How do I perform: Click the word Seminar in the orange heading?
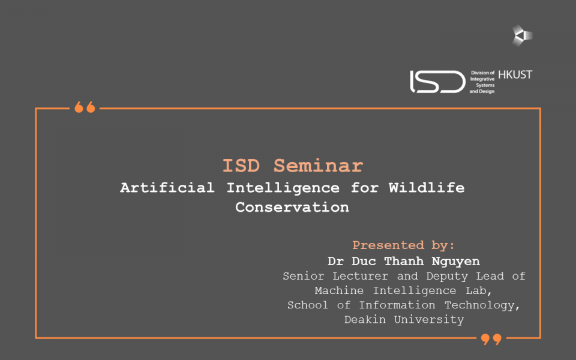[318, 166]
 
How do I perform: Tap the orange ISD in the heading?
[241, 166]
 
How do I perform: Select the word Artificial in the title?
[167, 188]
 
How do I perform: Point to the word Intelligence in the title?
[283, 188]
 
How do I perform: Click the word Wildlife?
[427, 188]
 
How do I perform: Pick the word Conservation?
[292, 207]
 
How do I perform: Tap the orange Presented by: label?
[403, 245]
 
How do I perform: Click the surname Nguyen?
[455, 262]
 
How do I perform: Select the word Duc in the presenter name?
[364, 261]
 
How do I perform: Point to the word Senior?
[304, 276]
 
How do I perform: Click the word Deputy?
[447, 276]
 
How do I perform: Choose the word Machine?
[339, 290]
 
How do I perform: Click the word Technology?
[482, 305]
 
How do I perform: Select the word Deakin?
[365, 320]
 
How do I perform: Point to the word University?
[429, 320]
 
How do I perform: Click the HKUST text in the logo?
[515, 75]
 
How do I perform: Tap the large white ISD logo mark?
[437, 82]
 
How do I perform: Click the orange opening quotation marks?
[85, 107]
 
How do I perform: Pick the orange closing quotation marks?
[491, 339]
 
